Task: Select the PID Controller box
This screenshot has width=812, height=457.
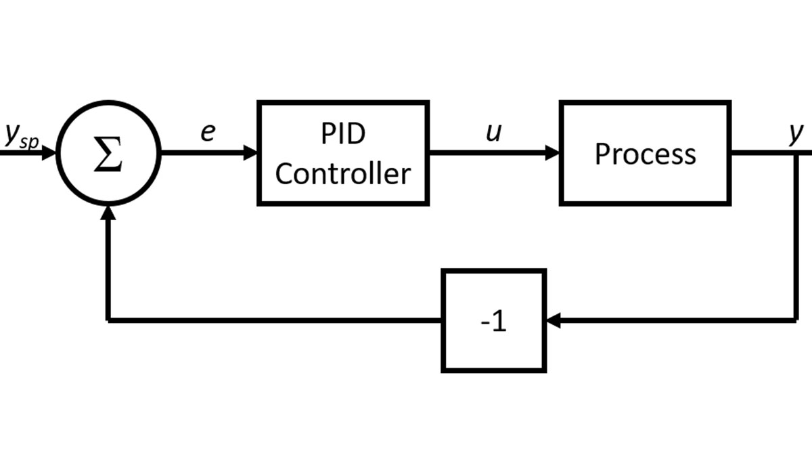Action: click(343, 153)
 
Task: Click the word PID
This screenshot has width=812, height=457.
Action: click(342, 134)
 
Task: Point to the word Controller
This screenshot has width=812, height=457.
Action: click(342, 174)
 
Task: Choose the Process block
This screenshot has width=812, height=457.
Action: click(645, 153)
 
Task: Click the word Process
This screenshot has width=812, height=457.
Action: click(645, 154)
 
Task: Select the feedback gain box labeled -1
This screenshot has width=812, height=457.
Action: click(493, 320)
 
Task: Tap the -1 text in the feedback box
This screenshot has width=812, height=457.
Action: click(493, 322)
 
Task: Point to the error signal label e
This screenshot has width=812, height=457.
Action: click(207, 133)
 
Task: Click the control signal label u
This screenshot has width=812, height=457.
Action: click(494, 133)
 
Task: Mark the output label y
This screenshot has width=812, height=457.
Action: click(796, 133)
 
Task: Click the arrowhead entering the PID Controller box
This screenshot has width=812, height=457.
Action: click(250, 153)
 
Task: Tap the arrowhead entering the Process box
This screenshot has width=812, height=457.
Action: click(552, 153)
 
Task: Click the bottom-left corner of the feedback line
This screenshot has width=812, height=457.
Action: click(108, 320)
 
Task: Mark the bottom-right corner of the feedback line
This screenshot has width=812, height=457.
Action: click(796, 320)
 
